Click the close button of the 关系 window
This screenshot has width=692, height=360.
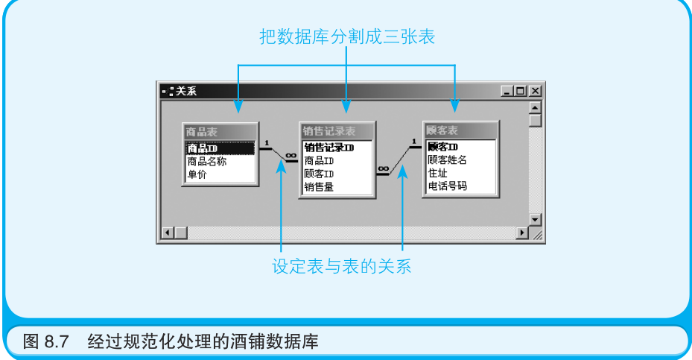tap(535, 91)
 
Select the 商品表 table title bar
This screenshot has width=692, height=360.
tap(220, 131)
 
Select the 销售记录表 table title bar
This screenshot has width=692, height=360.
tap(337, 131)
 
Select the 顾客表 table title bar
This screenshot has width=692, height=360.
tap(459, 131)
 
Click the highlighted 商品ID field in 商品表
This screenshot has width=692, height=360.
tap(220, 148)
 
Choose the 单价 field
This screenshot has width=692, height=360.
tap(197, 174)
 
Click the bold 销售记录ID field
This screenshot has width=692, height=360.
tap(329, 148)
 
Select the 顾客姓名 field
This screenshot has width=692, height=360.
tap(447, 160)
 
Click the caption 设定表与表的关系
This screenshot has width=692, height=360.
tap(341, 266)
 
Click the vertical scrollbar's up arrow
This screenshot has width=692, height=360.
tap(535, 107)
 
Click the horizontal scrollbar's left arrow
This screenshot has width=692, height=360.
tap(168, 233)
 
